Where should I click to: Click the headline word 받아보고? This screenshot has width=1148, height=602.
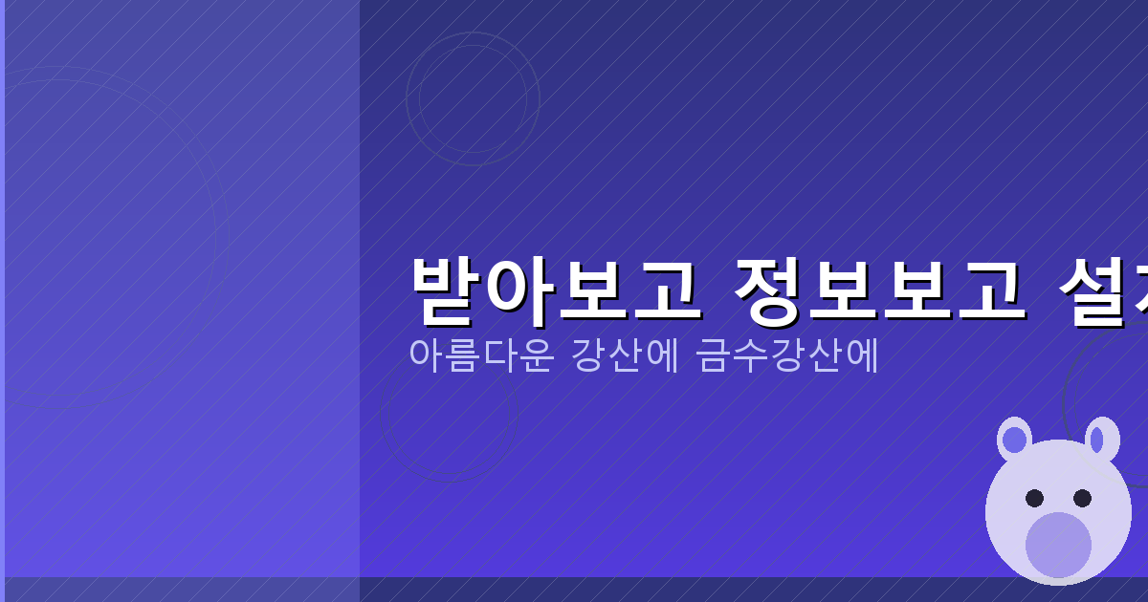(x=553, y=290)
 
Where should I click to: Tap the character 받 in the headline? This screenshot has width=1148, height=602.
(x=447, y=290)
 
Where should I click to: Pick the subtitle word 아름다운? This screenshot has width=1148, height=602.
(x=480, y=355)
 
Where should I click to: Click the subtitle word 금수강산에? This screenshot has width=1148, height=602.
(x=787, y=355)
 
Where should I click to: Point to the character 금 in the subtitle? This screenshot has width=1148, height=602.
(x=714, y=355)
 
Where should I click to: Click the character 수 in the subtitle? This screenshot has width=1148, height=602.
(x=750, y=355)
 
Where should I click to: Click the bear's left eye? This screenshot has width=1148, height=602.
(x=1034, y=498)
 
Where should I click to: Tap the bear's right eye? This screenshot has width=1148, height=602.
(x=1082, y=498)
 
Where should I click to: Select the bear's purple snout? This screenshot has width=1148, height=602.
(x=1058, y=544)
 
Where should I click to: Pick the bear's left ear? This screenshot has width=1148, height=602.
(x=1014, y=440)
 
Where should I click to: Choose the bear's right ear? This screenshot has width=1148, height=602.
(x=1100, y=440)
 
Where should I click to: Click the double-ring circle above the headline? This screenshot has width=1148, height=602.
(x=473, y=98)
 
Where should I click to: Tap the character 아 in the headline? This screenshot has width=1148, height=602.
(x=518, y=290)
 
